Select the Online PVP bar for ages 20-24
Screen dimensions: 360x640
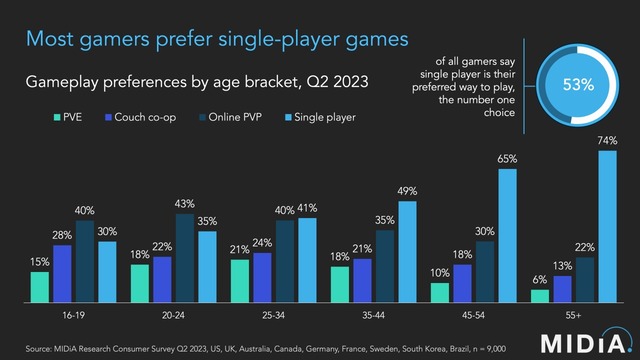[184, 258]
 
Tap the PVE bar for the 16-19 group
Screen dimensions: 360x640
[39, 286]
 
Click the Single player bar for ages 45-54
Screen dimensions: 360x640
[507, 236]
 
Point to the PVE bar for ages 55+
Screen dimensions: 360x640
[539, 296]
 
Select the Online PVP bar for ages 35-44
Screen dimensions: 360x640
[384, 266]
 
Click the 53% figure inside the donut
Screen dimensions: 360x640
[577, 85]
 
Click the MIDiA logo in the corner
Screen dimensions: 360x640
[595, 337]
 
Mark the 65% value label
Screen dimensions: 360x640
[507, 159]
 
